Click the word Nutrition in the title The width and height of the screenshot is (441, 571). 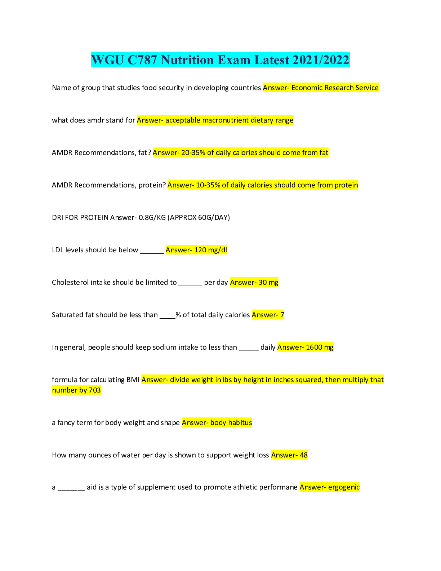click(187, 60)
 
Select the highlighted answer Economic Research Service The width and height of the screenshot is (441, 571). click(335, 88)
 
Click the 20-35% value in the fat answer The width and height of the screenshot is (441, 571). click(193, 152)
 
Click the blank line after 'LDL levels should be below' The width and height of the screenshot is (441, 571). click(152, 251)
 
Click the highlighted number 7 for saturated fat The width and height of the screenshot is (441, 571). click(282, 315)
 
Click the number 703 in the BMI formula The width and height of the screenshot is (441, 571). click(94, 390)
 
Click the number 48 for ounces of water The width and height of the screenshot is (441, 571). click(303, 455)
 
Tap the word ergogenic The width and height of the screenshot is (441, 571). click(344, 487)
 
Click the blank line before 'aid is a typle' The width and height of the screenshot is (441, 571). click(71, 488)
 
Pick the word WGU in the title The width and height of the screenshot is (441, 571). click(107, 60)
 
